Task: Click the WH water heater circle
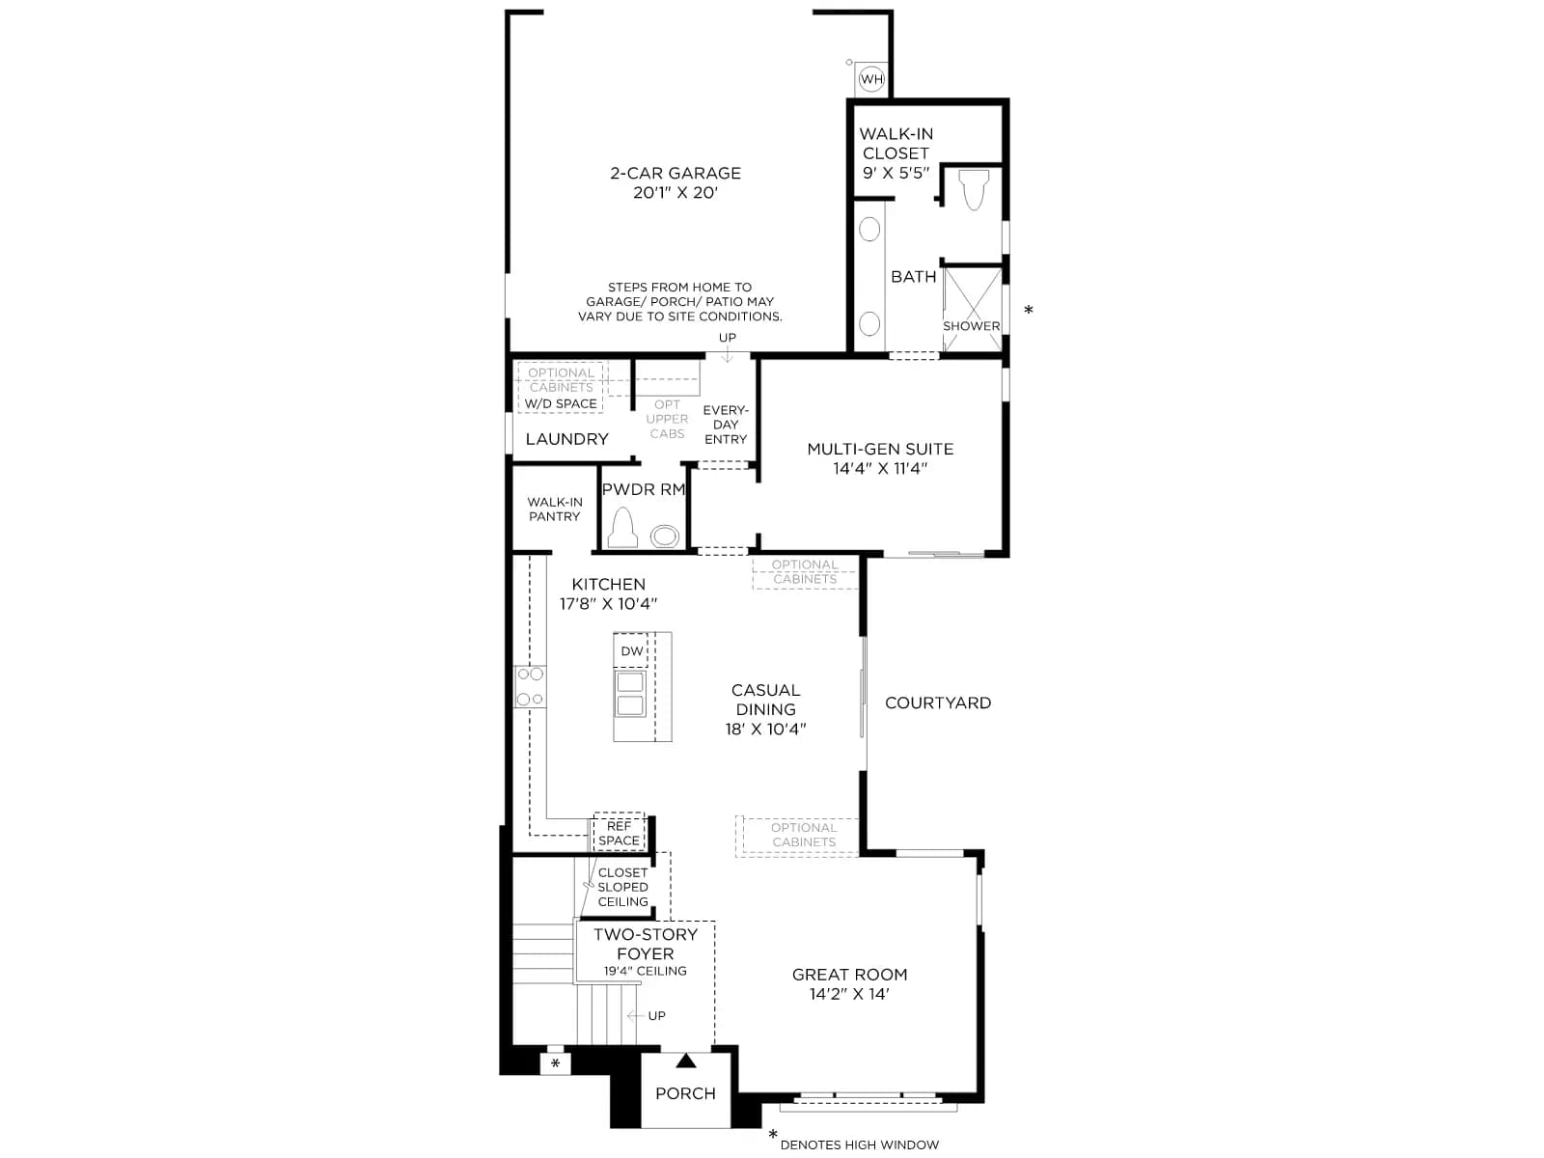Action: click(870, 79)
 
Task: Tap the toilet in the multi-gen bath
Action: click(974, 189)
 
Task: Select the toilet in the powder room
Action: click(622, 527)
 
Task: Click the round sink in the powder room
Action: click(664, 537)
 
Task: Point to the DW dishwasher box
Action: click(631, 650)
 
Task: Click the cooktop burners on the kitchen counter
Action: click(530, 686)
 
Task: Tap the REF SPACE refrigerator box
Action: click(619, 833)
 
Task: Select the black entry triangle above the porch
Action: click(685, 1061)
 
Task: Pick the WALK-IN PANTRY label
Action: click(554, 510)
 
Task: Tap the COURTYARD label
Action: click(938, 703)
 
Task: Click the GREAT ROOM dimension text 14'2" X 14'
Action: click(849, 994)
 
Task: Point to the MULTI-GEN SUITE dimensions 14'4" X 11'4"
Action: click(880, 468)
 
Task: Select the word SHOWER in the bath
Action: click(972, 326)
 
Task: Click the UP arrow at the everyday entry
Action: click(728, 356)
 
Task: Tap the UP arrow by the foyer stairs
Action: click(636, 1015)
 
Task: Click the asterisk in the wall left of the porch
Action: click(555, 1063)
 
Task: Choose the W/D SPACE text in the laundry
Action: click(561, 403)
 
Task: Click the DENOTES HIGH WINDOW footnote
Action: click(860, 1144)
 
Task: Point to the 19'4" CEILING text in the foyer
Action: click(645, 971)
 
